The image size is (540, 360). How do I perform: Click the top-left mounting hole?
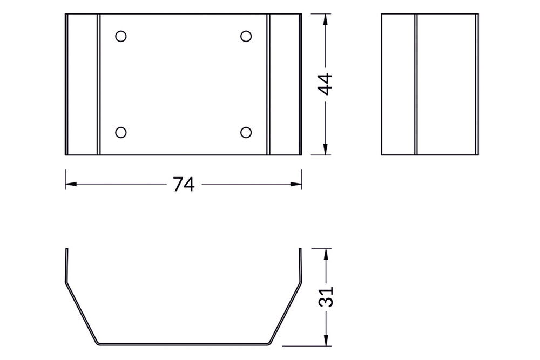point(121,36)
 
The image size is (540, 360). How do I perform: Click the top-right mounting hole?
point(246,36)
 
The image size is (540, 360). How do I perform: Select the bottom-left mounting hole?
point(121,132)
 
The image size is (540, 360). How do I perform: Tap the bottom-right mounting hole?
point(246,132)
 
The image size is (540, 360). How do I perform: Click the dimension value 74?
point(184,185)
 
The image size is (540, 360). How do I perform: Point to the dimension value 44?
point(325,84)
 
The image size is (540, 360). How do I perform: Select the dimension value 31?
point(325,296)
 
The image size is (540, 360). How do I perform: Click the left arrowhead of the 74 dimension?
point(70,184)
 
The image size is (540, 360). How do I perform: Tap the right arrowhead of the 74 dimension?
point(296,184)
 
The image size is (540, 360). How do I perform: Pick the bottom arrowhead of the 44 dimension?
point(325,151)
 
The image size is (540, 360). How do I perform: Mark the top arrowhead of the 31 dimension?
point(325,253)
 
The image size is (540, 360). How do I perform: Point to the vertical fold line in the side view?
point(416,85)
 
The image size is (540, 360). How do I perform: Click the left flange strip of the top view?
point(83,85)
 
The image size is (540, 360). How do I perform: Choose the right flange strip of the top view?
point(284,85)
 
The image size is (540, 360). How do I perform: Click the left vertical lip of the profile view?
point(66,264)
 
